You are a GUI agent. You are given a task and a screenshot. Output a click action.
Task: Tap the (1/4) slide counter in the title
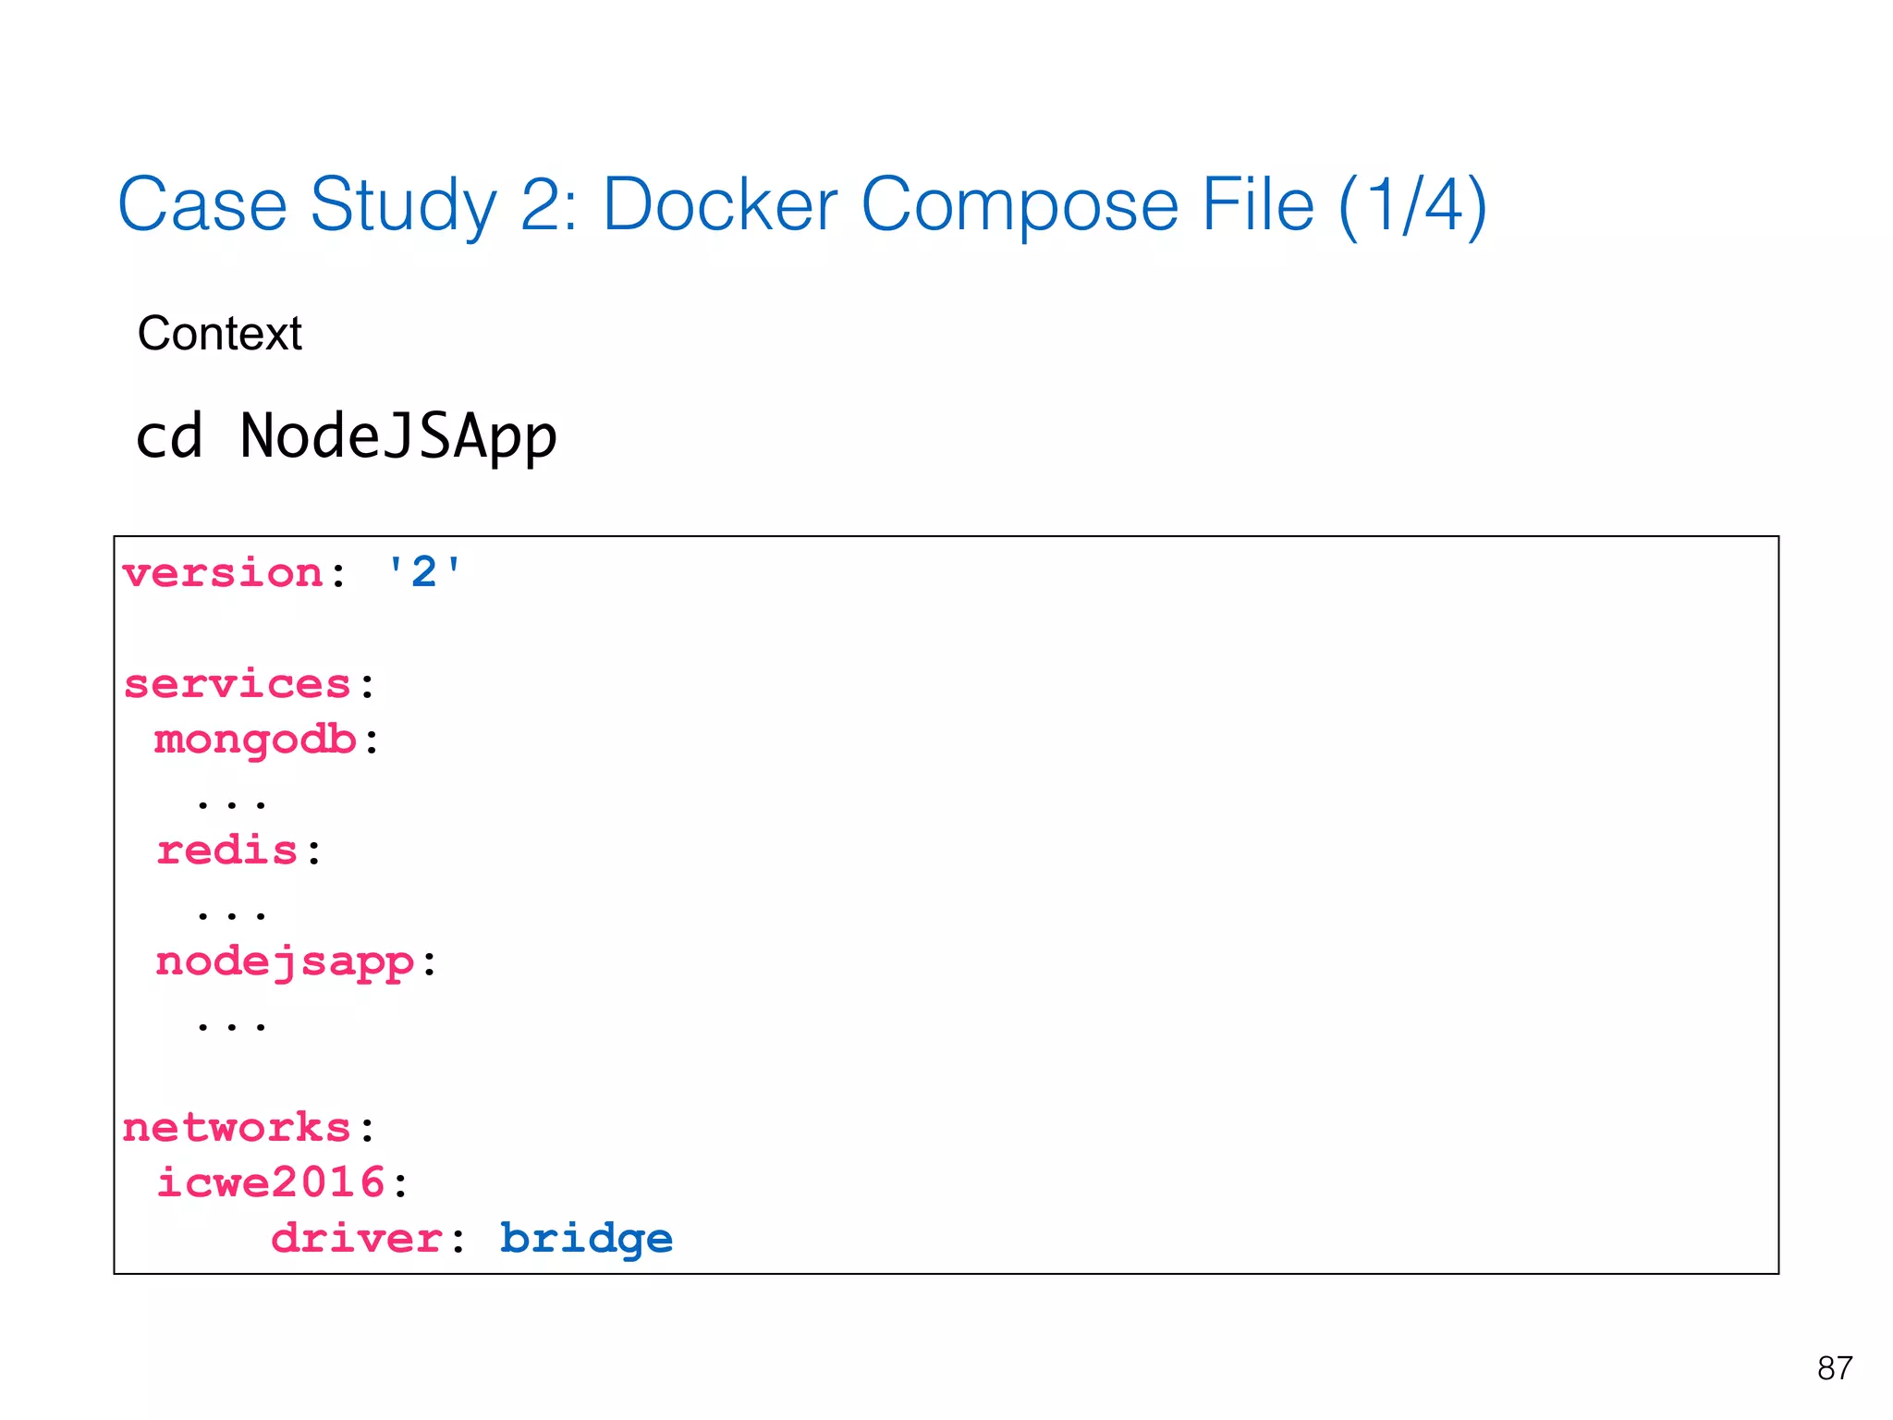click(x=1411, y=205)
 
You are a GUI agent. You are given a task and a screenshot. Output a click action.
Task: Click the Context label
click(x=219, y=333)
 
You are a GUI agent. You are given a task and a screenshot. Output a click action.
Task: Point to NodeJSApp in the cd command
click(x=397, y=436)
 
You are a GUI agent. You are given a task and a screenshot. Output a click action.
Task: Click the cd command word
click(x=168, y=436)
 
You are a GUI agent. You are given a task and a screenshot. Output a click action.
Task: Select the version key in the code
click(x=222, y=573)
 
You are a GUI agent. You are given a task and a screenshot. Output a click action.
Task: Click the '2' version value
click(x=423, y=573)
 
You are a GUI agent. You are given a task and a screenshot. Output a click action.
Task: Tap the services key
click(x=237, y=684)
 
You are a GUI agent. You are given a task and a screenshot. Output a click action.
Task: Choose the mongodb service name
click(x=255, y=741)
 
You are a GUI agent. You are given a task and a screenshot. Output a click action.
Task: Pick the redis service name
click(x=226, y=851)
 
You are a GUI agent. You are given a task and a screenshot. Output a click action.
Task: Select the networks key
click(x=237, y=1128)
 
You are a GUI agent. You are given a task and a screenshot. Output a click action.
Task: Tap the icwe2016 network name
click(x=270, y=1183)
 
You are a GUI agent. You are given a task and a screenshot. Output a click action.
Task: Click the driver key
click(x=356, y=1239)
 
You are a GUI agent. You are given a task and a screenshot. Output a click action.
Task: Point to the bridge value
click(x=586, y=1239)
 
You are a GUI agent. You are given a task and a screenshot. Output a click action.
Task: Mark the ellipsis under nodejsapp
click(x=231, y=1024)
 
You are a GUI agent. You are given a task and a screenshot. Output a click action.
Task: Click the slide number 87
click(x=1834, y=1368)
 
